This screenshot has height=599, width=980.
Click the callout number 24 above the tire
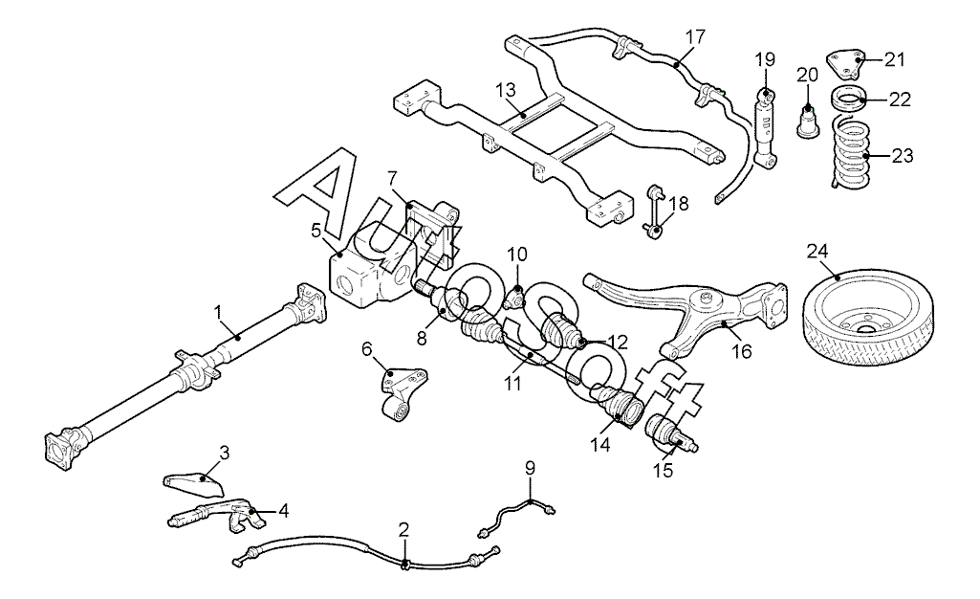click(x=817, y=251)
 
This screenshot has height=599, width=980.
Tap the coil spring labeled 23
click(x=849, y=150)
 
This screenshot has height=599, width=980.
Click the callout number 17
click(x=694, y=36)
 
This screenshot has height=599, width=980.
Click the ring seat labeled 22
click(x=847, y=99)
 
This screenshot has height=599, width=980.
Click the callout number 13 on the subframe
click(x=506, y=89)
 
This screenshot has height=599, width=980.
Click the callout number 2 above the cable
click(x=403, y=531)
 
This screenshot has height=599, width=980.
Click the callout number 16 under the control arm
click(x=742, y=351)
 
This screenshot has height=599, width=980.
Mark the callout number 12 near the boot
click(x=618, y=341)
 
